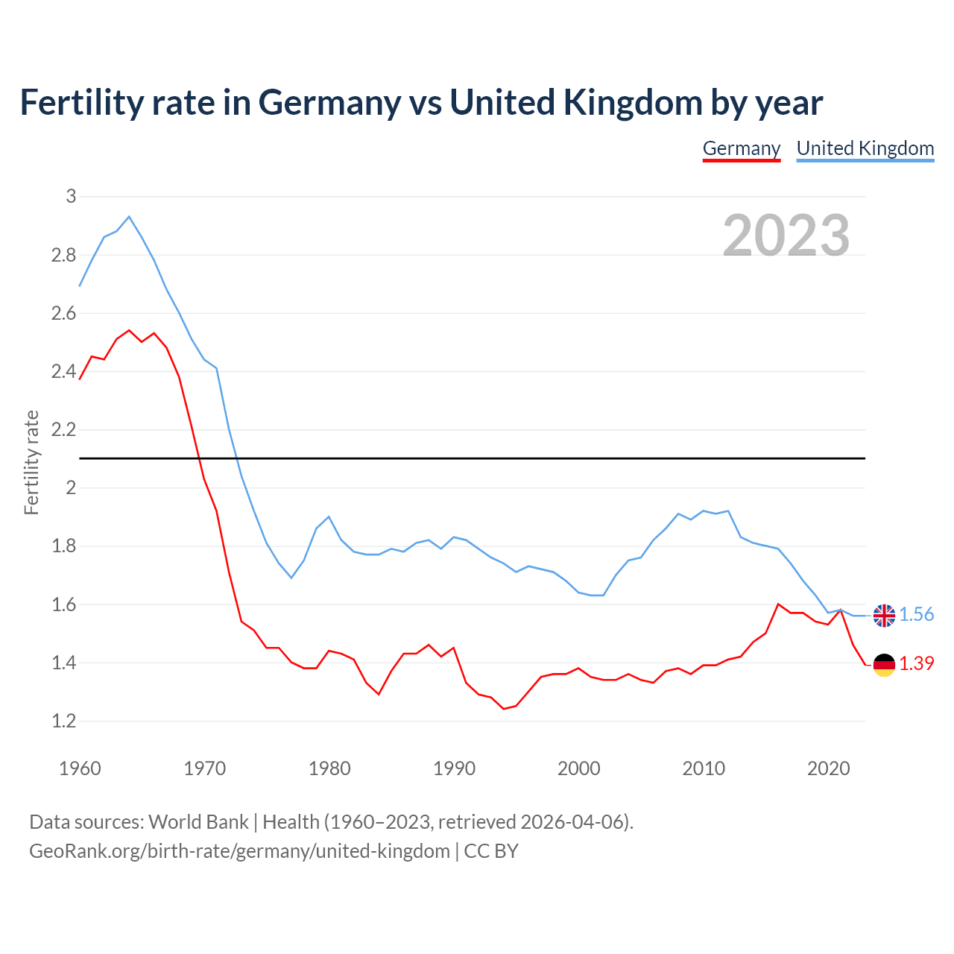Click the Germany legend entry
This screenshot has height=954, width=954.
click(x=741, y=148)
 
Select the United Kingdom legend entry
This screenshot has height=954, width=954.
click(x=865, y=148)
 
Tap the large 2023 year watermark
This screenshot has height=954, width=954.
click(x=786, y=236)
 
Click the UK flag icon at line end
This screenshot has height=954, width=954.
click(x=884, y=616)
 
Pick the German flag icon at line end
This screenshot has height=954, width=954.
click(x=884, y=664)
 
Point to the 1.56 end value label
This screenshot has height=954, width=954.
click(x=916, y=614)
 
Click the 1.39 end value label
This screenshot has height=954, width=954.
click(x=916, y=663)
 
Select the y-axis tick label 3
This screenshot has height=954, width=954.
click(x=71, y=197)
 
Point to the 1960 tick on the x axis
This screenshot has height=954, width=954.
click(x=80, y=768)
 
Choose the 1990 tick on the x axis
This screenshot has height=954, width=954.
click(x=454, y=768)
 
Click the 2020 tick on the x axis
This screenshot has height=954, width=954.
click(x=828, y=768)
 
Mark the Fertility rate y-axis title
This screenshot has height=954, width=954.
click(x=31, y=462)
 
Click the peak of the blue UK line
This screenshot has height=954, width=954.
click(x=129, y=217)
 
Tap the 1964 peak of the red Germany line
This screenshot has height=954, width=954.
click(x=129, y=330)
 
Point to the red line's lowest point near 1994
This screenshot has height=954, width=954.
click(x=504, y=708)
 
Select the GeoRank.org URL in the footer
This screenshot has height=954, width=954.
click(x=239, y=851)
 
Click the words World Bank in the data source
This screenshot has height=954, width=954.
click(x=198, y=822)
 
